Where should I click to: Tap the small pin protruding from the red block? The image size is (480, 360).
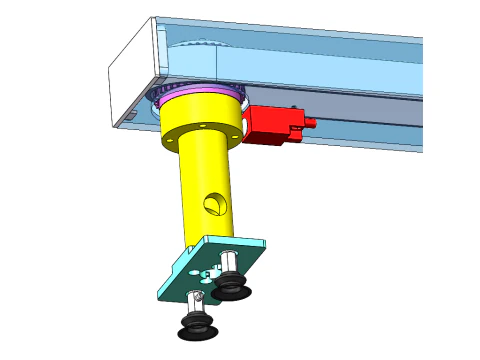pos(311,124)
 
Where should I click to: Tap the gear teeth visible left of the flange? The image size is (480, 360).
pos(154,96)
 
